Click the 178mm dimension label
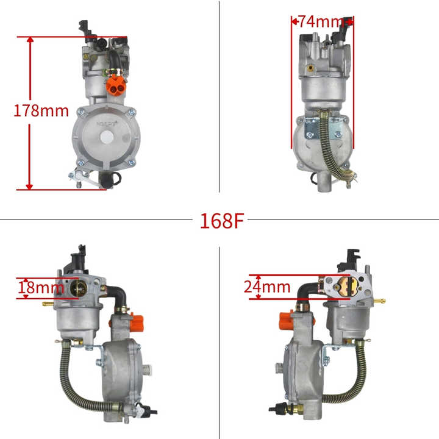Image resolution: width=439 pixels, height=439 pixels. pyautogui.click(x=41, y=112)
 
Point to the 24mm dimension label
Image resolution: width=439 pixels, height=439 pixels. pyautogui.click(x=266, y=286)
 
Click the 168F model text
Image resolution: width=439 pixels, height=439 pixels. pyautogui.click(x=221, y=220)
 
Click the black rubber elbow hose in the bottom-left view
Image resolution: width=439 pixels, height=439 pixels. pyautogui.click(x=116, y=299)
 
